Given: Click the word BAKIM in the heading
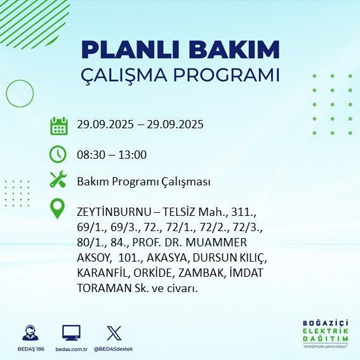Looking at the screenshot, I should click(237, 50).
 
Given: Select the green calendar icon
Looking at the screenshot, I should click(59, 125).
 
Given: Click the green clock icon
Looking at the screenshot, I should click(58, 154).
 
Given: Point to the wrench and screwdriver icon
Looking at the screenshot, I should click(58, 180).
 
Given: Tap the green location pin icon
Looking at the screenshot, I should click(58, 209).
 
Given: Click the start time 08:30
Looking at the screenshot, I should click(90, 154).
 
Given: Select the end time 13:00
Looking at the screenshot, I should click(131, 154).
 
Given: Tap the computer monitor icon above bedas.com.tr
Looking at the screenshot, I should click(70, 333).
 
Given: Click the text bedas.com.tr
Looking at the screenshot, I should click(71, 349).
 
